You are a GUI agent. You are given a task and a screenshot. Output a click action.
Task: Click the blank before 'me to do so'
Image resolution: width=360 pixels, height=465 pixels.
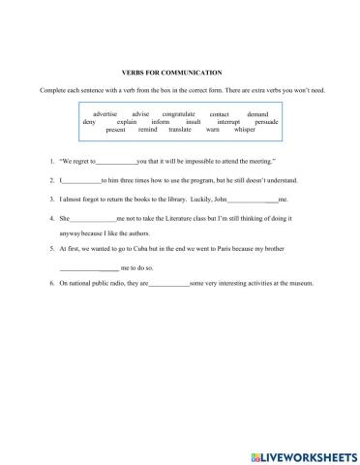[x=88, y=266]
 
